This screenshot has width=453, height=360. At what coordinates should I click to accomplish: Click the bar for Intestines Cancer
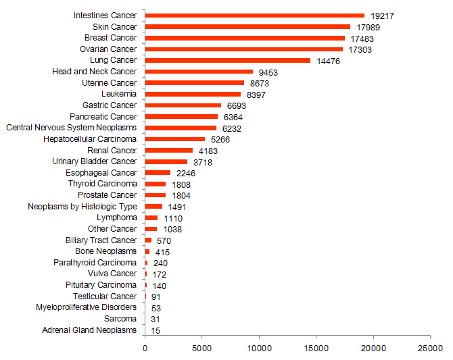point(254,16)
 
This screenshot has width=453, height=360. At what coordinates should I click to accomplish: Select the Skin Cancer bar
point(247,26)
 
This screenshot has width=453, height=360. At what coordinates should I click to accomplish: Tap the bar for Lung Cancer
point(227,60)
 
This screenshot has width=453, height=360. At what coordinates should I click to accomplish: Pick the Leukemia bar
point(193,94)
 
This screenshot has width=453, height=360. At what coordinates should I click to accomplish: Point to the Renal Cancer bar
point(169,150)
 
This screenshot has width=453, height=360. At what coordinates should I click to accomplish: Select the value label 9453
point(268,72)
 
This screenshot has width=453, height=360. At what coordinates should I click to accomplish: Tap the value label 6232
point(231,128)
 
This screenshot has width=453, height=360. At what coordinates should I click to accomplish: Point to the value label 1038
point(172,229)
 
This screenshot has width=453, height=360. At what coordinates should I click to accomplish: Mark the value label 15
point(156,330)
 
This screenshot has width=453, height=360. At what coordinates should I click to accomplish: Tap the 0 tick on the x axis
point(145,349)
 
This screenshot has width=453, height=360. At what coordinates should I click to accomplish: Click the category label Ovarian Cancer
point(108,49)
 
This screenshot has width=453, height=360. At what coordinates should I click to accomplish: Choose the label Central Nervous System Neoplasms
point(71,128)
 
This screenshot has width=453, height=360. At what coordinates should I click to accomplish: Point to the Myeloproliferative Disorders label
point(86,307)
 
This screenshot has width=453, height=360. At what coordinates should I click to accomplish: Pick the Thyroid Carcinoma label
point(102,184)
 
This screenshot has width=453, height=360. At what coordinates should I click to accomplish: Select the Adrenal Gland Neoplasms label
point(89,330)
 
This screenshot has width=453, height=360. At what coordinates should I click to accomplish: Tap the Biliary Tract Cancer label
point(101,240)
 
